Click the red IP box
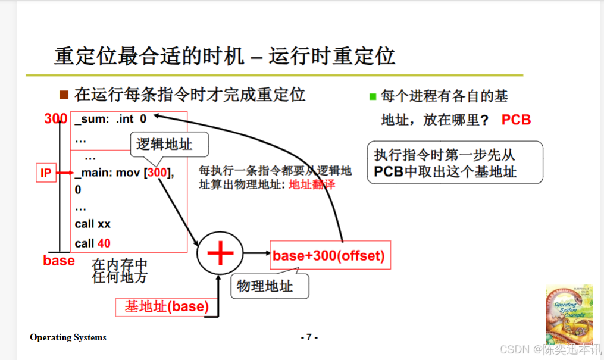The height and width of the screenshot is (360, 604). click(46, 173)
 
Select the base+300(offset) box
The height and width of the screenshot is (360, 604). click(330, 256)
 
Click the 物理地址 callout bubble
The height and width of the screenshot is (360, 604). click(265, 286)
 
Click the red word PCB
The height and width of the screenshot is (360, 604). click(515, 120)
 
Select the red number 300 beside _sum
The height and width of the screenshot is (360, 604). click(55, 119)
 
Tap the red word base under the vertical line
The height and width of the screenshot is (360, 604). click(59, 261)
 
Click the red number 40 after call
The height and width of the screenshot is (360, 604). click(104, 243)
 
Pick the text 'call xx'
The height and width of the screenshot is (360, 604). click(92, 224)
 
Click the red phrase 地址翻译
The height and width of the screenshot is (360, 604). click(312, 184)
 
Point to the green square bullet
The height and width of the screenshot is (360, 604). click(373, 96)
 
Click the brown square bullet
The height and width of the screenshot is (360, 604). click(64, 94)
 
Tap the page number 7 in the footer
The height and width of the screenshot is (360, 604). click(309, 337)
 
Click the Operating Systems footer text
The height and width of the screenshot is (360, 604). click(68, 337)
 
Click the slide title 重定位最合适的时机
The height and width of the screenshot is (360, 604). click(149, 57)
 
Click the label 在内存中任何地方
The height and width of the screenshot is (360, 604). click(120, 271)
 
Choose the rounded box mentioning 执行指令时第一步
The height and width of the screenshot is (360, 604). click(455, 162)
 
